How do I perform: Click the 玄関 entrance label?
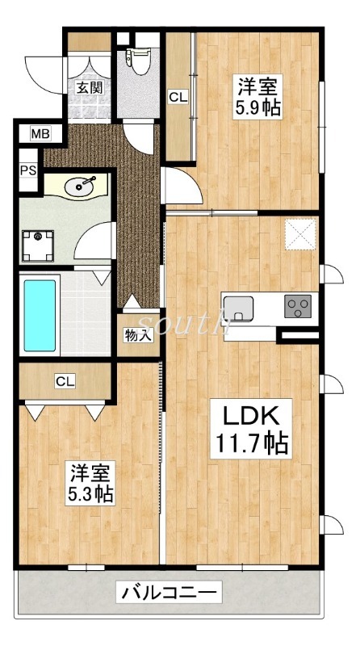click(89, 88)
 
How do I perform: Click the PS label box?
click(27, 172)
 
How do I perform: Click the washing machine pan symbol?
click(37, 245)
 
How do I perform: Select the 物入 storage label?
click(138, 334)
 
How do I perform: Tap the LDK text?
click(250, 417)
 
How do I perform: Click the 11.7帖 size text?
click(250, 443)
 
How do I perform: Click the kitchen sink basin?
click(238, 308)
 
